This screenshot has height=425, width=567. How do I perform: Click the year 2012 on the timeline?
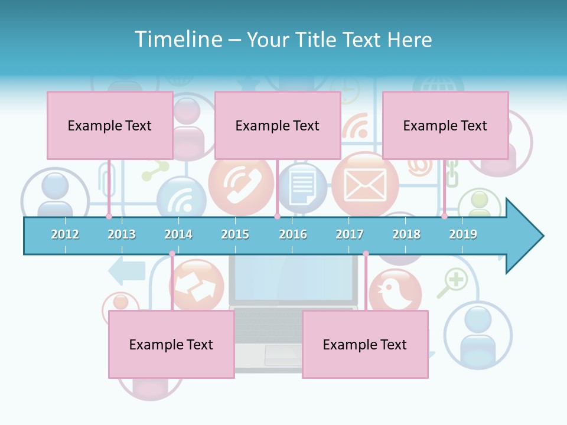(65, 234)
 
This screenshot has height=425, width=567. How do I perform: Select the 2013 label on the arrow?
(122, 234)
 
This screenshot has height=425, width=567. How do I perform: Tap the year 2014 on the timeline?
(178, 234)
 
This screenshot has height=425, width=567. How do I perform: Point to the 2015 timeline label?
(235, 234)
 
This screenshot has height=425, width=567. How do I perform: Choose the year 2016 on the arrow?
(293, 234)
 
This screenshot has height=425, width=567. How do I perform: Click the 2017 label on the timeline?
(350, 234)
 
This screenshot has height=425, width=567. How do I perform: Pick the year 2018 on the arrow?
(406, 234)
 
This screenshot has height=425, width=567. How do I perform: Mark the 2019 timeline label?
(463, 234)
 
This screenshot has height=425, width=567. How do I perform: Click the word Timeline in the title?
(177, 40)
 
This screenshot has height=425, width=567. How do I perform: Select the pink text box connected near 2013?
(110, 125)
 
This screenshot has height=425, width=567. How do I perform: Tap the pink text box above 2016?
(278, 125)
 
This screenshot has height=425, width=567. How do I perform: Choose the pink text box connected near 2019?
(445, 125)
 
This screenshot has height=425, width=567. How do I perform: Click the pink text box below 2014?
(171, 344)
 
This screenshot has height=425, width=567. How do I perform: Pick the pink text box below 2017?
(365, 344)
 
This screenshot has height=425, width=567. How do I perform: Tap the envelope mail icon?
(365, 184)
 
